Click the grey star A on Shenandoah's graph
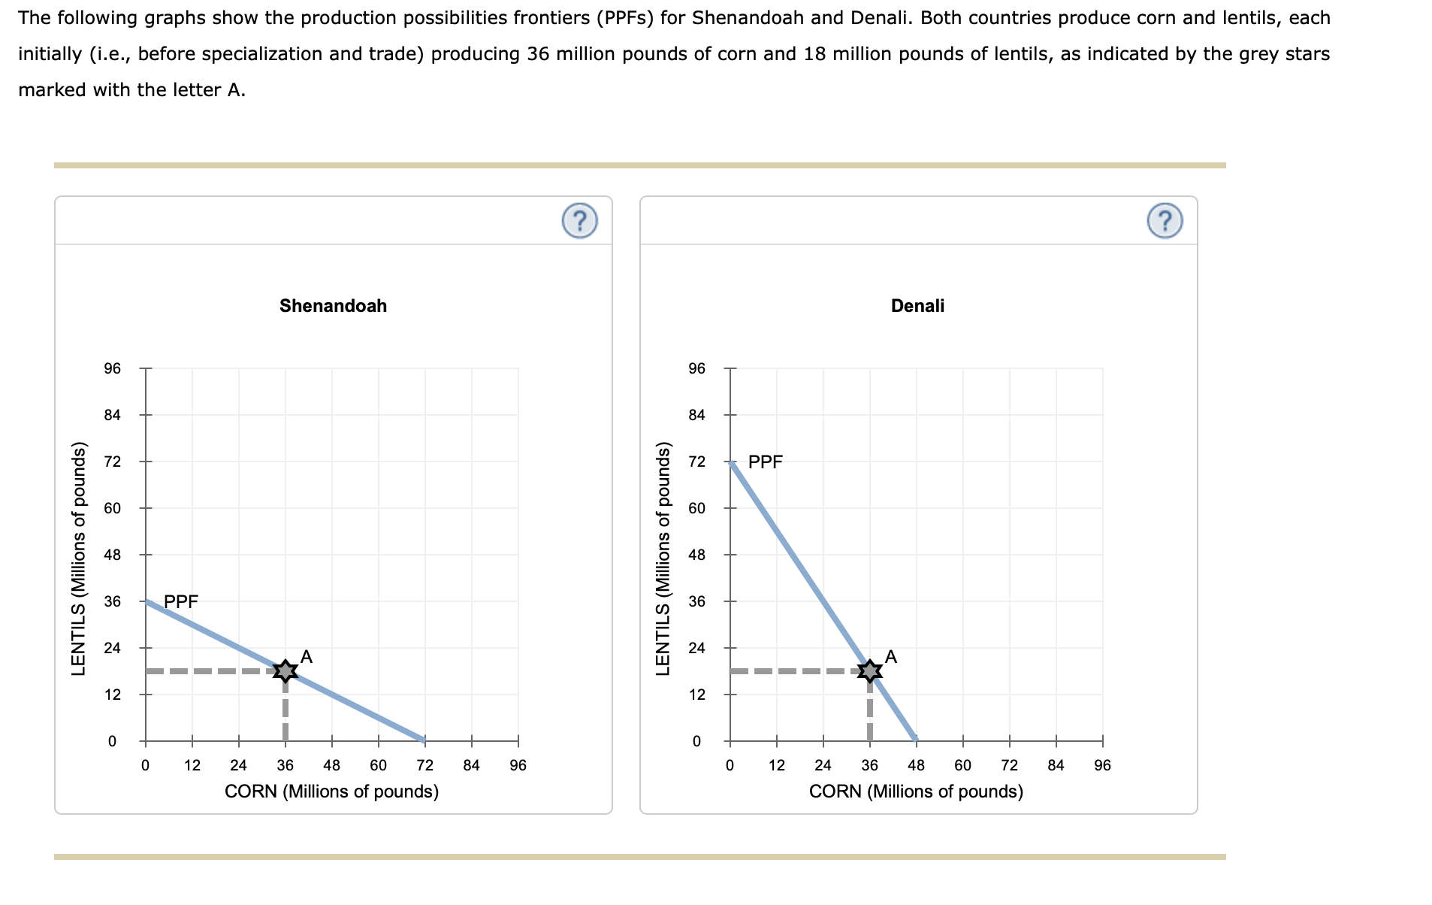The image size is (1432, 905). [x=285, y=670]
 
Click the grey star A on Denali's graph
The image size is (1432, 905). [x=869, y=670]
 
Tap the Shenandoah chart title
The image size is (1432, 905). [x=333, y=306]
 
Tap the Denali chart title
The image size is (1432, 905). [x=917, y=306]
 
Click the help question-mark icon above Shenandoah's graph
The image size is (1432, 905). [x=579, y=221]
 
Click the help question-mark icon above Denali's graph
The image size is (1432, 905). [x=1165, y=221]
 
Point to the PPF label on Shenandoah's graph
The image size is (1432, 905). [x=181, y=601]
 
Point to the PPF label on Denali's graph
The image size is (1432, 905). [x=765, y=462]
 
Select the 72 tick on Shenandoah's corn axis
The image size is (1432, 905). [x=424, y=765]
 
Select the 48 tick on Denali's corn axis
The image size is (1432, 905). [x=916, y=765]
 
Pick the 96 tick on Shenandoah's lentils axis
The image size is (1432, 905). [x=112, y=368]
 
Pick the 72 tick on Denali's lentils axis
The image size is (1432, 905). [x=696, y=462]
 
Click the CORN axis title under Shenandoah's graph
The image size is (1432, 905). [x=331, y=791]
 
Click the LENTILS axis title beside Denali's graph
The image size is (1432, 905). [x=663, y=558]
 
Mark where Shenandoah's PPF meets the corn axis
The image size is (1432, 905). [x=424, y=740]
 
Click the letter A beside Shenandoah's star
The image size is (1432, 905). [x=306, y=656]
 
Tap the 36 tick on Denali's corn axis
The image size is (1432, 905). [x=869, y=765]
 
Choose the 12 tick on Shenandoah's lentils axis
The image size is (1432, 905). [x=112, y=695]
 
